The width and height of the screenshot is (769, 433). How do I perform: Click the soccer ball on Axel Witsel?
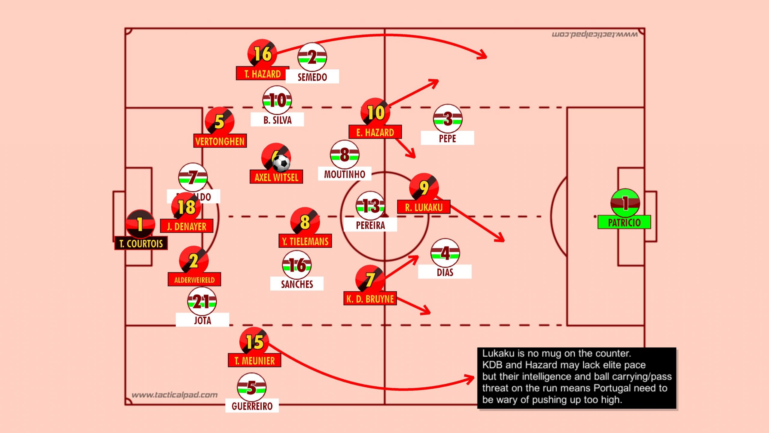(x=281, y=163)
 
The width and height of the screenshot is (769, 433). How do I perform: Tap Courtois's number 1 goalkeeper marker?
(x=140, y=224)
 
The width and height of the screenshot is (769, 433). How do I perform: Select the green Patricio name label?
(x=624, y=223)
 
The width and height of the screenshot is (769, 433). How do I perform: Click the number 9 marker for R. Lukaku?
(x=424, y=188)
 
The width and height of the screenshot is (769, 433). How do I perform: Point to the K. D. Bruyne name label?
(x=370, y=299)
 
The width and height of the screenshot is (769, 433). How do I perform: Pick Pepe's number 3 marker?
(x=448, y=119)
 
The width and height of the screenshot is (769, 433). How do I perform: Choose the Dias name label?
(x=445, y=272)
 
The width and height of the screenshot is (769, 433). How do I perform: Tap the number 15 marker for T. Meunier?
(x=254, y=342)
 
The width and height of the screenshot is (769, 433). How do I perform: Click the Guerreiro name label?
(x=252, y=406)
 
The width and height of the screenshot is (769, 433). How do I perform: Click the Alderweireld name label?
(x=194, y=280)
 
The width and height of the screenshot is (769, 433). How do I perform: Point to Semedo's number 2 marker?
(x=312, y=57)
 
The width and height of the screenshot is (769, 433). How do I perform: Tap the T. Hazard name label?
(x=262, y=74)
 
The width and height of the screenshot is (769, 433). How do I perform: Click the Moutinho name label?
(x=345, y=174)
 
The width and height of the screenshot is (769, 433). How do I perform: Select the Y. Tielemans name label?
(x=305, y=241)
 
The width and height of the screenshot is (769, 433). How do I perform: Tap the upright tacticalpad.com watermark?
(x=175, y=395)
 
